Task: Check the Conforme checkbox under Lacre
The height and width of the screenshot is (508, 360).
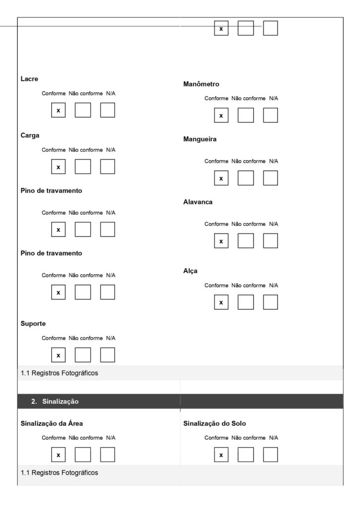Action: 58,110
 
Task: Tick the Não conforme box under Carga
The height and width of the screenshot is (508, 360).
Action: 83,167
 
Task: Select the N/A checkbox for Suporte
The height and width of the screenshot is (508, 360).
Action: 107,355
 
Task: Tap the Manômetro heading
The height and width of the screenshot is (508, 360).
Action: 201,84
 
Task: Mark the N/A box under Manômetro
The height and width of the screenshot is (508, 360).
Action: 270,115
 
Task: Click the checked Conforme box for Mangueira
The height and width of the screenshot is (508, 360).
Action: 221,178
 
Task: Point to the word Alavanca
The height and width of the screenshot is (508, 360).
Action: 198,202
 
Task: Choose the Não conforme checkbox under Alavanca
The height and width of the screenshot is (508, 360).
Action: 245,241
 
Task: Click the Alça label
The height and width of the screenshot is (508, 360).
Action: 191,271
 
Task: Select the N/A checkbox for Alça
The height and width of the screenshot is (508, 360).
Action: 270,302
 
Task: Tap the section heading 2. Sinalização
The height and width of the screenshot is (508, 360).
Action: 55,401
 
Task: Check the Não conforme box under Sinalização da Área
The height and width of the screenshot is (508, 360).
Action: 83,454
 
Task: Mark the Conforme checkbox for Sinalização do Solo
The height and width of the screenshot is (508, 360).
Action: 221,454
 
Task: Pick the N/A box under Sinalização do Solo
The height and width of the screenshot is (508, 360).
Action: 270,454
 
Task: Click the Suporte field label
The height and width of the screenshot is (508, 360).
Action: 33,323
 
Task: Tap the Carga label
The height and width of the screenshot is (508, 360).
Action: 30,135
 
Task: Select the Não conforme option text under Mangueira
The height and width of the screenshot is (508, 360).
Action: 248,161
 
